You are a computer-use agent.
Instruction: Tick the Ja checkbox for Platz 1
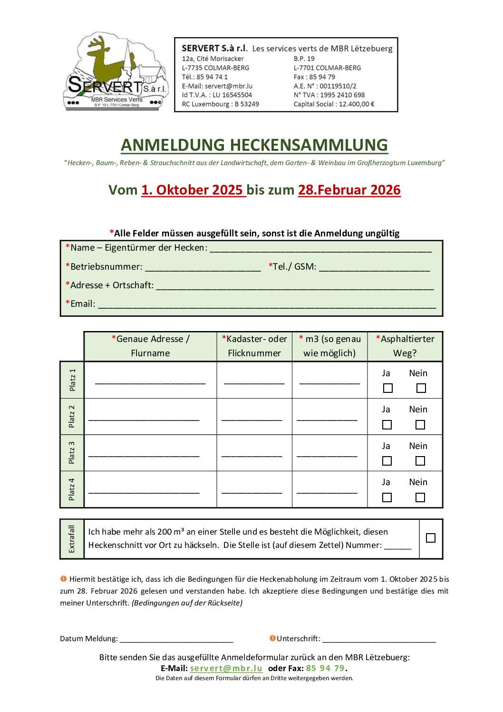coord(388,388)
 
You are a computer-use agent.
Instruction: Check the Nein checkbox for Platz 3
coord(420,461)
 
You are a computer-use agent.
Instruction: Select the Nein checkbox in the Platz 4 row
coord(420,497)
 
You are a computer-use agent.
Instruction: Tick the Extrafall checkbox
coord(431,538)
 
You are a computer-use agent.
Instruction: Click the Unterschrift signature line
coord(378,640)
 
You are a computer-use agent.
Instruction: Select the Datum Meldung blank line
coord(176,640)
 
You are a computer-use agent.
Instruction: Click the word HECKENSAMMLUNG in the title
coord(309,145)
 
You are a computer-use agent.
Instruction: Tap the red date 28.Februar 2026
coord(349,190)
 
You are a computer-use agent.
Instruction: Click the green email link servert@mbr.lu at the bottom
coord(226,668)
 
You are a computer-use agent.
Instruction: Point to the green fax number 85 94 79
coord(325,668)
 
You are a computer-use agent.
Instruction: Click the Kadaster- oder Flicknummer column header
coord(254,346)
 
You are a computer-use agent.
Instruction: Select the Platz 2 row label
coord(72,417)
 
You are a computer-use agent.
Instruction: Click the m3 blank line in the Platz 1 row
coord(329,381)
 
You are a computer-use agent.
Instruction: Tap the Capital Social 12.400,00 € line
coord(334,104)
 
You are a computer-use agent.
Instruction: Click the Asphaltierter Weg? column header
coord(405,346)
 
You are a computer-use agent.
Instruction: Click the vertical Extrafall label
coord(72,539)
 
